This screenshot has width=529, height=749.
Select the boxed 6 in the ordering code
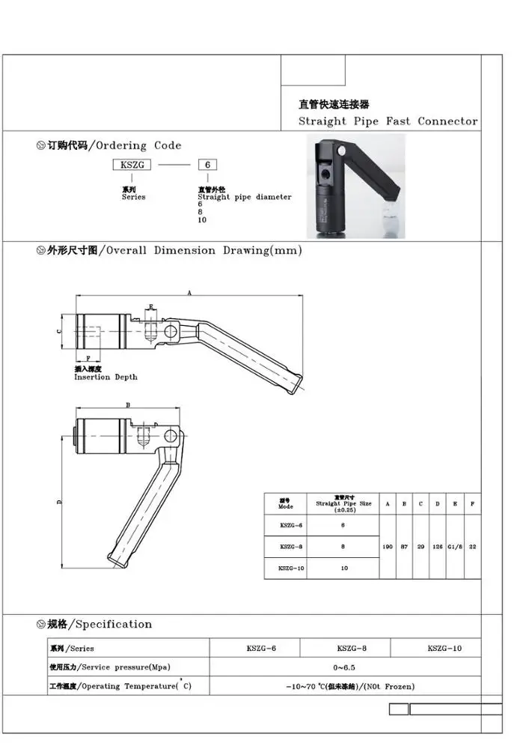coord(207,165)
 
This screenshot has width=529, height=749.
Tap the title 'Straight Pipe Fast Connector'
coord(388,121)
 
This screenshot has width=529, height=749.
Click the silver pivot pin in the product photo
coord(341,151)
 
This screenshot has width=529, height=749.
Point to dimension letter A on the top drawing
coord(189,294)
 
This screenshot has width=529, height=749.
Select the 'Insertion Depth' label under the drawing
coord(106,377)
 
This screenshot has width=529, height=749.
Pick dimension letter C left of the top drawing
coord(59,330)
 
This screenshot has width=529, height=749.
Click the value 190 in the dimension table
coord(388,547)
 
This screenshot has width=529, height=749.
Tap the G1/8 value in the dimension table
coord(455,547)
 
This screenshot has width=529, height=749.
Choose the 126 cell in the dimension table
coord(438,547)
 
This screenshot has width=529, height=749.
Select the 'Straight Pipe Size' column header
coord(343,505)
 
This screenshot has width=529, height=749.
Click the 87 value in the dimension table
coord(404,547)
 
